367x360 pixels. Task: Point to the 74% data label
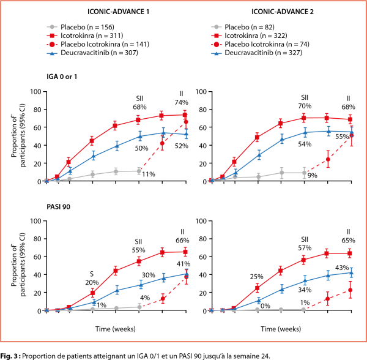(x=180, y=102)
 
